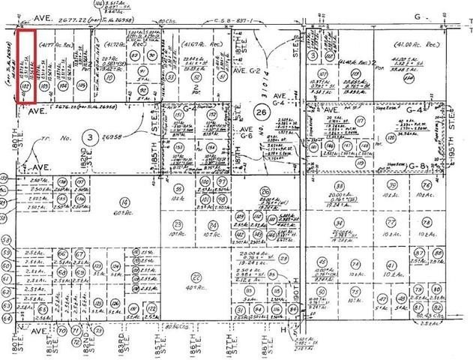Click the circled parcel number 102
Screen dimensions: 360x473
point(25,88)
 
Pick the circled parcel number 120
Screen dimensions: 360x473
point(433,139)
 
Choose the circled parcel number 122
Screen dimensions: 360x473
point(151,310)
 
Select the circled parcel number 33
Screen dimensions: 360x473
point(340,186)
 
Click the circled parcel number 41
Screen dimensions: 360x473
point(391,265)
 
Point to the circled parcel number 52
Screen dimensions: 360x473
point(197,76)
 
